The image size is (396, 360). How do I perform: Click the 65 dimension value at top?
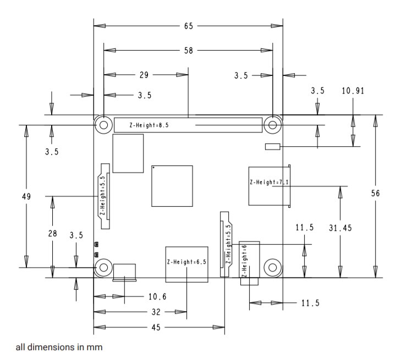tap(189, 26)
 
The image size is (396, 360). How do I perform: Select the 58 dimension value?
tap(189, 51)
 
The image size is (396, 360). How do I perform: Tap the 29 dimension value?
tap(144, 75)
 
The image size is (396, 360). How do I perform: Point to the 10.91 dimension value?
tap(353, 91)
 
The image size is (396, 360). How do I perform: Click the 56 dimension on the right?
tap(375, 193)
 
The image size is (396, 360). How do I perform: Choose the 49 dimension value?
tap(26, 196)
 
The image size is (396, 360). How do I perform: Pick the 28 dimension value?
tap(53, 234)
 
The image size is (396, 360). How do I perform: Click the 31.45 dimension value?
tap(340, 228)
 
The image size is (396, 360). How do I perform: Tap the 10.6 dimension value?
tap(157, 296)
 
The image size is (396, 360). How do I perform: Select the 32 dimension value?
tap(156, 312)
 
